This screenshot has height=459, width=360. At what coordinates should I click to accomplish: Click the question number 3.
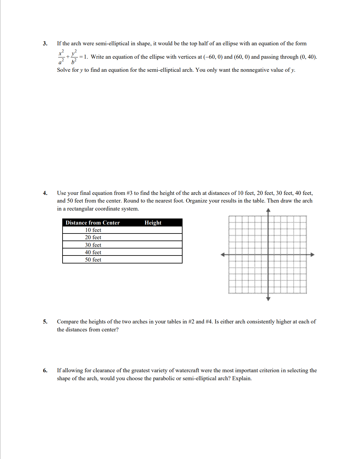(45, 43)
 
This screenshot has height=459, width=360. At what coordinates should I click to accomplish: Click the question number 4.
(45, 193)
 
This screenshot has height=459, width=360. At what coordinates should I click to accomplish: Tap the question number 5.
(45, 322)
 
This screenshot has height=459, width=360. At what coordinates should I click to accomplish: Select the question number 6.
(45, 370)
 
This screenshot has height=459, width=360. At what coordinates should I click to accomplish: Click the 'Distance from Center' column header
(93, 223)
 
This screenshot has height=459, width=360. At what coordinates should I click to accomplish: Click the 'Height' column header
(153, 223)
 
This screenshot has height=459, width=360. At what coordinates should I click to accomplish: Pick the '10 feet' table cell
(93, 230)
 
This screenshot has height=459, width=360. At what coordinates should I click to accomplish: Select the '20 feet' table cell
(93, 237)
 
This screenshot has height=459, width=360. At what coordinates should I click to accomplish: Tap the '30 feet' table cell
(93, 245)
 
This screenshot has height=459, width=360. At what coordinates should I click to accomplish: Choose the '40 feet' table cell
(93, 252)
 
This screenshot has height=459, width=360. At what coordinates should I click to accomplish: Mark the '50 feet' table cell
(93, 260)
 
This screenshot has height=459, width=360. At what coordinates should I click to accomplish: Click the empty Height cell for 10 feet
(153, 230)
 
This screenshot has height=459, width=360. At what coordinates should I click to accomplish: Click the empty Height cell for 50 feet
(153, 260)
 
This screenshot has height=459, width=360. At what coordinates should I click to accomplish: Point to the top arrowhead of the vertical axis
(268, 210)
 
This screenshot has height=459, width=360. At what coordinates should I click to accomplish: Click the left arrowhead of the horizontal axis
(223, 255)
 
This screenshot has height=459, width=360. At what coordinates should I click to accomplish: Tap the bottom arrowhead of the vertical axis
(268, 299)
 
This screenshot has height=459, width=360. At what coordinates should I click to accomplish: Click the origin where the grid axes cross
(268, 255)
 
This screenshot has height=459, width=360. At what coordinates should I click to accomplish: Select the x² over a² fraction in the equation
(61, 57)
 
